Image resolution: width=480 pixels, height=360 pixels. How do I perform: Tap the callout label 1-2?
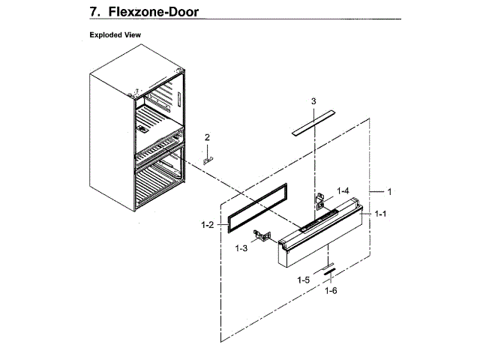[x=208, y=223]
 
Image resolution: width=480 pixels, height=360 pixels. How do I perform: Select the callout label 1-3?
[x=241, y=247]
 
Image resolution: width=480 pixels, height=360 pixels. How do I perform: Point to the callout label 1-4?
[x=343, y=190]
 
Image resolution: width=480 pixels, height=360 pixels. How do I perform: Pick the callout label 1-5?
[x=303, y=280]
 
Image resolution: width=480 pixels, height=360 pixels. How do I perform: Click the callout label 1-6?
[x=331, y=291]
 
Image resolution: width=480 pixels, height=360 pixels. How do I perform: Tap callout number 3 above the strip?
[x=313, y=100]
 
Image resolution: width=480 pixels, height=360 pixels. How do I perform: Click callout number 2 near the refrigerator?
[x=208, y=136]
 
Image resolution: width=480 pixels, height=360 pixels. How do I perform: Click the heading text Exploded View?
[x=115, y=35]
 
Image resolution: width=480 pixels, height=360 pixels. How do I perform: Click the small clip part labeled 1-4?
[x=320, y=199]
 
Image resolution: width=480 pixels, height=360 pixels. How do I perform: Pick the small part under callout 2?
[x=208, y=158]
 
